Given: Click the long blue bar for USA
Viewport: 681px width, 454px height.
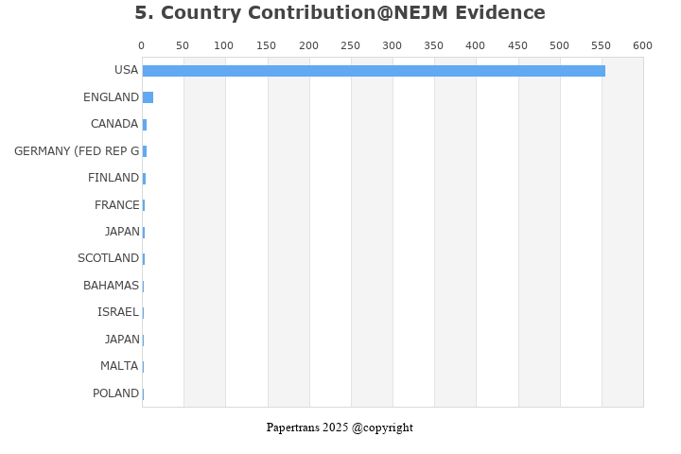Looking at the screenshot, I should (374, 71).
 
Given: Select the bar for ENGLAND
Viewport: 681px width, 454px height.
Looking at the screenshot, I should (148, 97).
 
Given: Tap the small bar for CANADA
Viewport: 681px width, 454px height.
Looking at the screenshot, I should (145, 124).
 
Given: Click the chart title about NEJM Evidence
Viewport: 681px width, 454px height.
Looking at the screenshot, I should (340, 13).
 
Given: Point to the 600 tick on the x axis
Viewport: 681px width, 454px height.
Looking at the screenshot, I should (642, 45).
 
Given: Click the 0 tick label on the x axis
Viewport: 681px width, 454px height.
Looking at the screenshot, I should (142, 45).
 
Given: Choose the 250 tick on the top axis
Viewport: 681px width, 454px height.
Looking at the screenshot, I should (350, 45).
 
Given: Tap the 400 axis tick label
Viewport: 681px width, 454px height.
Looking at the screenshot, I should (476, 45).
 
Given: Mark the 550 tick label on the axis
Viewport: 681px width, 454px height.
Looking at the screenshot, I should (559, 45).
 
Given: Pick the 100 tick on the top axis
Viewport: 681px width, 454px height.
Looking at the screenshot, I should (225, 45).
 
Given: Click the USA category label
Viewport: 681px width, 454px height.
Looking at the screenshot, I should (126, 70).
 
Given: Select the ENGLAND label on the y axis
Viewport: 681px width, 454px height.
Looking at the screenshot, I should (111, 97).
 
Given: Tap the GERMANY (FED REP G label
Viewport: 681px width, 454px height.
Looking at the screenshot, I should (77, 151).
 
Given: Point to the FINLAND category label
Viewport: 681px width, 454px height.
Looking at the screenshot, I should (113, 178).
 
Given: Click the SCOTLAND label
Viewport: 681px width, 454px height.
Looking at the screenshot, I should (108, 258).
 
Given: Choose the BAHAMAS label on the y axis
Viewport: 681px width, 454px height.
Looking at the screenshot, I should (111, 286).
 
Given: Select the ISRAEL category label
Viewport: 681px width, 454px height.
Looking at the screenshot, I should (118, 312).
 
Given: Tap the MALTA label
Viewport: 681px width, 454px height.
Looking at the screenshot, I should (119, 366).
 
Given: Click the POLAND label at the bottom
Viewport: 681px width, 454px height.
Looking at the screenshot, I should (115, 393).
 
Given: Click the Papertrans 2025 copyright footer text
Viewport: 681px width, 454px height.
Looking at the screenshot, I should (340, 428).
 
